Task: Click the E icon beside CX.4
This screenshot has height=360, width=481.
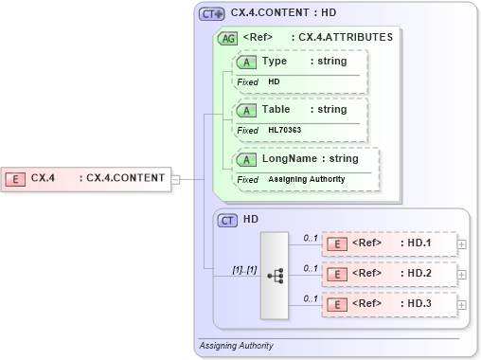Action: coord(15,177)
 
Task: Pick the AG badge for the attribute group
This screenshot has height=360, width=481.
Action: coord(228,39)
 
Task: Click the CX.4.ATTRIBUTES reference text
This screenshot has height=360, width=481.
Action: coord(342,38)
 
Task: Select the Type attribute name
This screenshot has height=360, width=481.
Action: coord(275,62)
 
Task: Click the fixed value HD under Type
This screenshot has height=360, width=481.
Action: coord(274,81)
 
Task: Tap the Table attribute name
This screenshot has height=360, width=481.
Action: coord(276,110)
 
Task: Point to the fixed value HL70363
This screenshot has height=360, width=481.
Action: coord(284,130)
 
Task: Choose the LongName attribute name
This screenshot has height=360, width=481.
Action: coord(289,159)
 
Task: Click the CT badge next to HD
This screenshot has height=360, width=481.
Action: coord(227,220)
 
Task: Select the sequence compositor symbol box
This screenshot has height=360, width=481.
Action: coord(275,275)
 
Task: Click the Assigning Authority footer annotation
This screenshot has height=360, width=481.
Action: coord(236,346)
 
